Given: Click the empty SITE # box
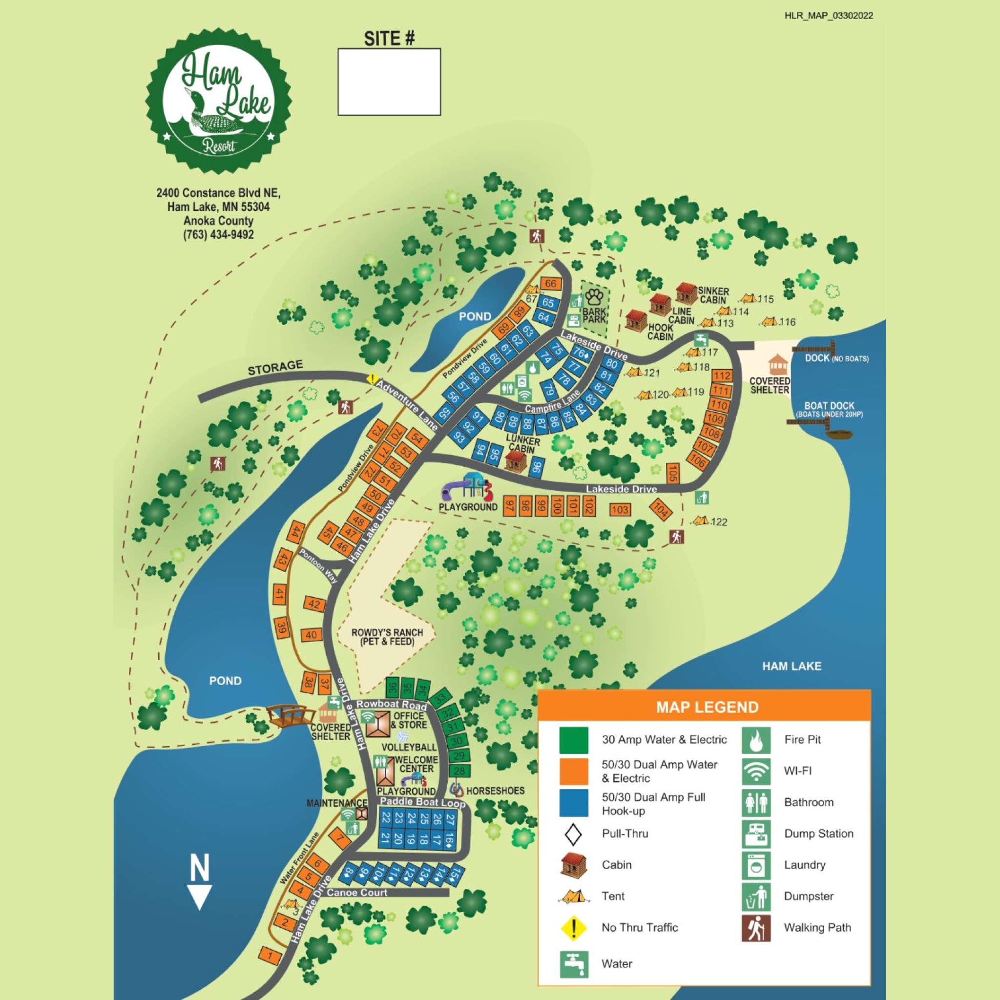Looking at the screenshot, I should (389, 82).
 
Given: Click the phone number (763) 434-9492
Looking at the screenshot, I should (218, 234).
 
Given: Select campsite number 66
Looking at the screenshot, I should (551, 284).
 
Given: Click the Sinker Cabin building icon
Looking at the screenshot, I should (687, 293).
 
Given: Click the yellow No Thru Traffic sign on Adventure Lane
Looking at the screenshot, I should (372, 379).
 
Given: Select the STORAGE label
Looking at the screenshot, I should (275, 368).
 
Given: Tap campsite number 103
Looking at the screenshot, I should (620, 510).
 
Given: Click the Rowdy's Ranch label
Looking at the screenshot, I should (387, 637).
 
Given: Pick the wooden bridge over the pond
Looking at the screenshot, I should (291, 716).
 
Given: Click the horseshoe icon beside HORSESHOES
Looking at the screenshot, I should (456, 790).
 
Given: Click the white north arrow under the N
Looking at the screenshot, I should (200, 897).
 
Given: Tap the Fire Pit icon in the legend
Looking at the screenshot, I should (756, 740).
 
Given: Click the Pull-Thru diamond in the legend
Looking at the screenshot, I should (573, 834).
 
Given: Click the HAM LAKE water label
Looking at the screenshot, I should (792, 666).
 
